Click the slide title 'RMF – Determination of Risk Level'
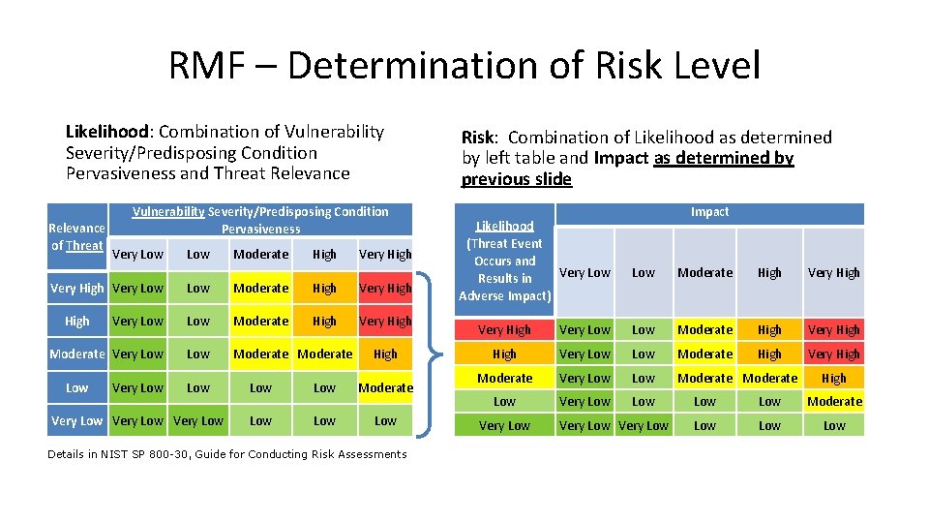coord(464,66)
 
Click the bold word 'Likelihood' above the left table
coord(106,132)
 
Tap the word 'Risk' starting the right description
coord(480,138)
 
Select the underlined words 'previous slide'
coord(517,179)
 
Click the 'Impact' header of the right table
coord(709,212)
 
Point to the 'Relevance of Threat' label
coord(76,236)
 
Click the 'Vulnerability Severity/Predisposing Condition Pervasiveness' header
coord(260,220)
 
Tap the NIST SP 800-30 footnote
coord(227,454)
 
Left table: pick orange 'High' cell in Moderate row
coord(385,354)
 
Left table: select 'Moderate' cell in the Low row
coord(385,387)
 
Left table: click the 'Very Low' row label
coord(76,421)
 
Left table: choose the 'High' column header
coord(324,255)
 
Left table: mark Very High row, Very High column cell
coord(385,288)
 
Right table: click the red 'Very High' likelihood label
coord(504,330)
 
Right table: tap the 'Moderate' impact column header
coord(704,273)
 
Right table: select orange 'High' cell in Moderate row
coord(833,378)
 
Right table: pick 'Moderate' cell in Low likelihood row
coord(833,401)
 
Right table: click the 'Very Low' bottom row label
coord(504,425)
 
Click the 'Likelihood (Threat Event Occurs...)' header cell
coord(504,261)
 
